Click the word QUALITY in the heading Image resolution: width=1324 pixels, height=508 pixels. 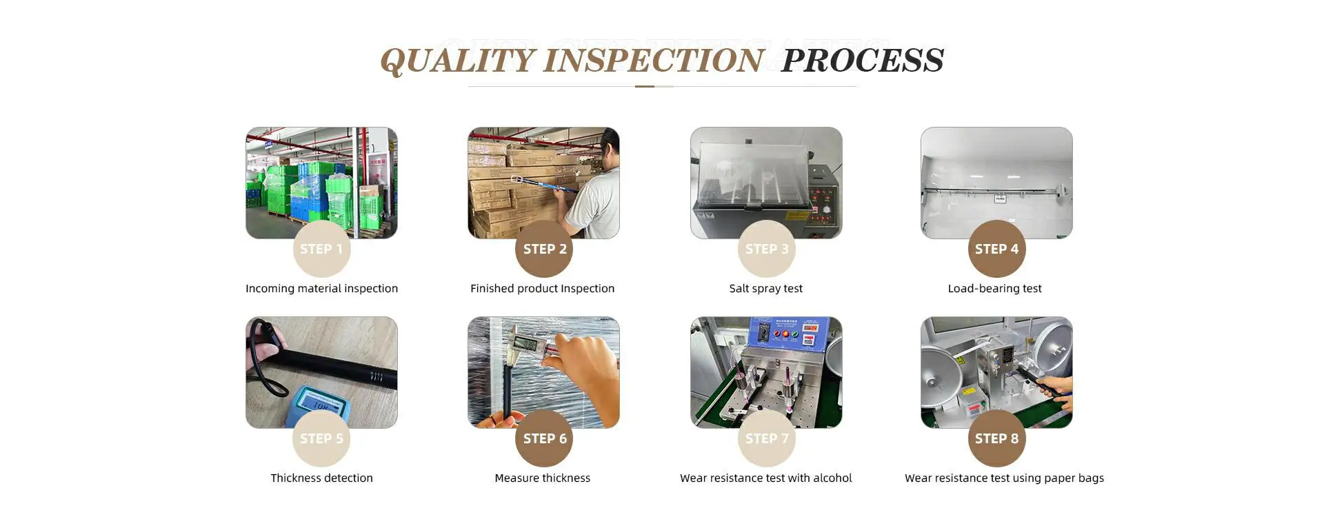[458, 61]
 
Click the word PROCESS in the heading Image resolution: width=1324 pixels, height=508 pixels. [863, 61]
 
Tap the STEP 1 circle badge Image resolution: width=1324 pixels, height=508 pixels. [321, 249]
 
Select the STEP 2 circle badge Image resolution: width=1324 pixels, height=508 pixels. [544, 249]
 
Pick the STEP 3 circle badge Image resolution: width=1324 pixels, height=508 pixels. [766, 249]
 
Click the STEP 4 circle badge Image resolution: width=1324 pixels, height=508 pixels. [996, 249]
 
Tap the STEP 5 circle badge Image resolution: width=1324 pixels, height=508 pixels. [321, 438]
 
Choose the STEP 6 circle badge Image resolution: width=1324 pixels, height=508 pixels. [544, 438]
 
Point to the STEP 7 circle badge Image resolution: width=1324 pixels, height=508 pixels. [766, 438]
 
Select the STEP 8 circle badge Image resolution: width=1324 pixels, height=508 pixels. [996, 438]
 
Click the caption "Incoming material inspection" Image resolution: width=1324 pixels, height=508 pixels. [321, 289]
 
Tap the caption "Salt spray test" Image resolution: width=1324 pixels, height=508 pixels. [765, 289]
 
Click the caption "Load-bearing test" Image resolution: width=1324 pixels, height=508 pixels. [994, 289]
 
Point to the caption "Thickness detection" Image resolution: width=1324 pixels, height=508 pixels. [321, 478]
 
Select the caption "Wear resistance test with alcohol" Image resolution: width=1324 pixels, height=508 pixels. [765, 478]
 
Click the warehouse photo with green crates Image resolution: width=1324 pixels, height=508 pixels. [321, 183]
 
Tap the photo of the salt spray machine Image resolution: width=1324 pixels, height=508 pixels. [766, 183]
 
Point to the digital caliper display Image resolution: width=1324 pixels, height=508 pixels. [528, 343]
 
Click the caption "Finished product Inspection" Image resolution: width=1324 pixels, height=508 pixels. [542, 289]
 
